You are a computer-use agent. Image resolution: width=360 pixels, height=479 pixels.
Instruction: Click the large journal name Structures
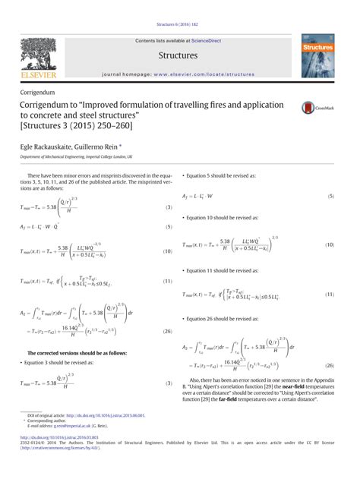click(x=178, y=55)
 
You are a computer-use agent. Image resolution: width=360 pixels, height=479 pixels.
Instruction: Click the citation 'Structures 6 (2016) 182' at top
click(x=179, y=24)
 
